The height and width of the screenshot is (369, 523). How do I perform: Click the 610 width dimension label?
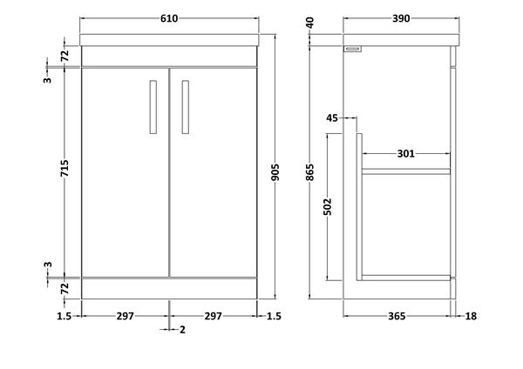click(x=169, y=18)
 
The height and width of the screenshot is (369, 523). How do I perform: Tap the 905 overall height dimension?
click(x=275, y=172)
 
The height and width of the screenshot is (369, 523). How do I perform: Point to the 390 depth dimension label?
click(x=401, y=18)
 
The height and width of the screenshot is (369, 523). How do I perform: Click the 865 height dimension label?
click(x=310, y=172)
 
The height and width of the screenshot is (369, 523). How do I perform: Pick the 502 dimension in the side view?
click(x=328, y=207)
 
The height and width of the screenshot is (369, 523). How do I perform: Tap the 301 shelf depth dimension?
click(x=406, y=153)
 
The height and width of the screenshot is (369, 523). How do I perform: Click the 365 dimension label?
click(x=397, y=316)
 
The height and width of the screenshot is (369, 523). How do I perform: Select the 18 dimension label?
click(x=471, y=316)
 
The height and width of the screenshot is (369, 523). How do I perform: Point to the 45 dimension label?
click(x=332, y=117)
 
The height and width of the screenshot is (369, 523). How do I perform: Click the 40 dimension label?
click(x=310, y=23)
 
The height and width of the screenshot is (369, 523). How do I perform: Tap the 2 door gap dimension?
click(x=182, y=330)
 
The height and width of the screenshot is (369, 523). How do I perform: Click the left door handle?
click(x=153, y=107)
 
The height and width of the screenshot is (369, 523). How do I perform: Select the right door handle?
click(x=186, y=107)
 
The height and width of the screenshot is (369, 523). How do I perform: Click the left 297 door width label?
click(x=125, y=316)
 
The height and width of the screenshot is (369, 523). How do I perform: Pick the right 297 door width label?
click(x=214, y=316)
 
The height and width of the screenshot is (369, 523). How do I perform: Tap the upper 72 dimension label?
click(x=65, y=55)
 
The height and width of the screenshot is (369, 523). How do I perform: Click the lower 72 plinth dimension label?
click(x=65, y=288)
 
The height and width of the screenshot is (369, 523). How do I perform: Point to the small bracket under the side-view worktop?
click(x=352, y=49)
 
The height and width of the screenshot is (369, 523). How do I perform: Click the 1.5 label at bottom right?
click(x=275, y=316)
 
